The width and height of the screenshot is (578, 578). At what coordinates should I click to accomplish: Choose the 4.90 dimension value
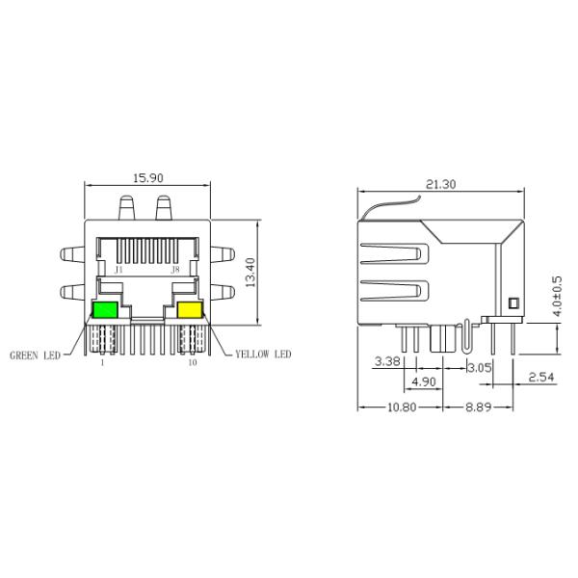click(x=424, y=382)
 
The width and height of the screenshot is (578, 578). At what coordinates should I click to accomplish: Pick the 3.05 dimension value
click(x=479, y=367)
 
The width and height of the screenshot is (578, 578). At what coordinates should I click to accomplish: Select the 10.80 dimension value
click(x=402, y=407)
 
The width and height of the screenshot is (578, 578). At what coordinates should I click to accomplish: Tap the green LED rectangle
click(x=104, y=310)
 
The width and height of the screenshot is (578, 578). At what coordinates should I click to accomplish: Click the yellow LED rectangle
click(x=189, y=310)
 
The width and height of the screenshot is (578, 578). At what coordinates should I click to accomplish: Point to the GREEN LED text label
click(x=36, y=355)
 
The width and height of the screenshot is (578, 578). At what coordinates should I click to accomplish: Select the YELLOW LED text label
click(x=263, y=355)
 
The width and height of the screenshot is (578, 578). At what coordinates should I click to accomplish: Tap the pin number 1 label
click(x=103, y=363)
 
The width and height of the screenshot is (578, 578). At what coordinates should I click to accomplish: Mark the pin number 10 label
click(x=193, y=363)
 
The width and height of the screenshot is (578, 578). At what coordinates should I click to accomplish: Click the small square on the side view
click(x=512, y=303)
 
